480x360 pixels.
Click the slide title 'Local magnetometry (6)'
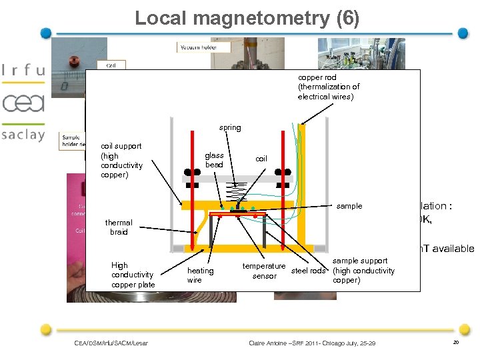[x=247, y=18]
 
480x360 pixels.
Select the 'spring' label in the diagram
[x=230, y=127]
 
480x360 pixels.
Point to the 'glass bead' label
[x=215, y=160]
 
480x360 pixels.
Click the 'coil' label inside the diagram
[x=261, y=159]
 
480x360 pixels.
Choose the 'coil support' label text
[x=121, y=160]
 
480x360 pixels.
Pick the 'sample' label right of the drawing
[x=349, y=206]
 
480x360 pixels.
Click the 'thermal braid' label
[x=119, y=227]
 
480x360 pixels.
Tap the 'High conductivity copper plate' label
[x=132, y=275]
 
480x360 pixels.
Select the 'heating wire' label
[x=200, y=275]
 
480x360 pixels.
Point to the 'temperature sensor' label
[x=264, y=271]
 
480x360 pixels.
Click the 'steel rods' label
[x=309, y=271]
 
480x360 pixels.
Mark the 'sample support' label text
[x=363, y=270]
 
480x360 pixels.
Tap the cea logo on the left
[x=23, y=103]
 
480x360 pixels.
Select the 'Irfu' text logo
[x=24, y=70]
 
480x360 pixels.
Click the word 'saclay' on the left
[x=23, y=135]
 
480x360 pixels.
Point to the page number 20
[x=456, y=343]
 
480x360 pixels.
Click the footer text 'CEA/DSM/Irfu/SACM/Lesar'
[x=111, y=343]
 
